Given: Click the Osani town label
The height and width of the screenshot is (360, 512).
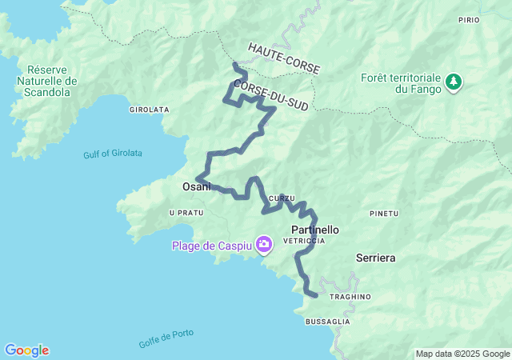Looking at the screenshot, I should (x=197, y=186).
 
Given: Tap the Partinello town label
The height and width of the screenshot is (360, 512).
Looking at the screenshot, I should (x=314, y=230).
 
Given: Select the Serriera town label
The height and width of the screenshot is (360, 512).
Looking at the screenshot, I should (x=375, y=258).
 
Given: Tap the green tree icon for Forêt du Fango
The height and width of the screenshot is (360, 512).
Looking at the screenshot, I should (x=454, y=82).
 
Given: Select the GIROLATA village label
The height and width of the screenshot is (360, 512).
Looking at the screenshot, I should (x=148, y=110).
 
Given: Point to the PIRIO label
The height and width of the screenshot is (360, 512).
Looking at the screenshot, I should (x=491, y=19).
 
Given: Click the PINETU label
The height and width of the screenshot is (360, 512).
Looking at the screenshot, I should (x=384, y=214).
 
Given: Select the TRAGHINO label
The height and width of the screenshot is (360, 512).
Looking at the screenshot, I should (x=350, y=297).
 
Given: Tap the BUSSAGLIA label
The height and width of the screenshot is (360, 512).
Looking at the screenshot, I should (x=327, y=321).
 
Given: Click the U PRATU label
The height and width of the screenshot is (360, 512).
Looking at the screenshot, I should (x=186, y=213).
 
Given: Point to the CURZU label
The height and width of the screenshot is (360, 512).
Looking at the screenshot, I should (x=282, y=198).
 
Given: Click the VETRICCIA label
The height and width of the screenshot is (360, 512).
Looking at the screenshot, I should (x=306, y=241).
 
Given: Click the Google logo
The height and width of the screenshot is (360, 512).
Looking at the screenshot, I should (x=26, y=350).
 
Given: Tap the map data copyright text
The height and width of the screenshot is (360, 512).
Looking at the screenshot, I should (x=462, y=354).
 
